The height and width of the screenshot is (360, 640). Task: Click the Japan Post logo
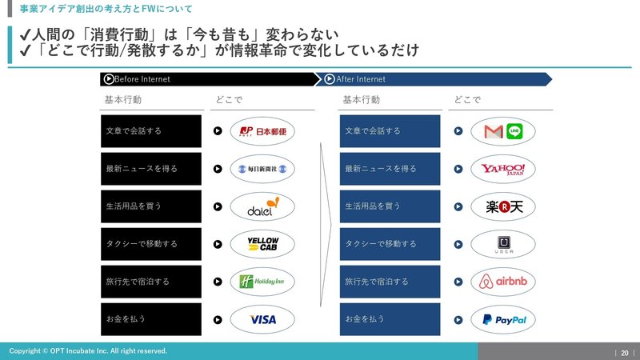pos(262,131)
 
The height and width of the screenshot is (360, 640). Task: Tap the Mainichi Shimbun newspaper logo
pos(262,169)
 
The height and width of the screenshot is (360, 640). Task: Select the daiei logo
pos(263,206)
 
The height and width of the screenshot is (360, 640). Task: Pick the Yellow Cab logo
pos(263,244)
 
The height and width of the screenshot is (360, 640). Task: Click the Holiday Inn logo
pos(262,282)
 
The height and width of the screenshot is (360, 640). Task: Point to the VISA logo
pos(263,319)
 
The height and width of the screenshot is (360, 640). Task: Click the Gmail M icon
pos(494,131)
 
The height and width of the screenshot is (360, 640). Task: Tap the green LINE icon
pos(514,131)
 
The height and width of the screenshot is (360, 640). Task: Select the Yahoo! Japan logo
pos(503,170)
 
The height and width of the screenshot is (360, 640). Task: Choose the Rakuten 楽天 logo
pos(504,207)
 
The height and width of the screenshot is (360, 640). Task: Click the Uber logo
pos(504,245)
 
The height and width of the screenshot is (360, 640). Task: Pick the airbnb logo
pos(503,282)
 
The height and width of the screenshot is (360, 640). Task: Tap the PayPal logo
pos(505,320)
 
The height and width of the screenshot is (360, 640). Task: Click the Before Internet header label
pos(142,79)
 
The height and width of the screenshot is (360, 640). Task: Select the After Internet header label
pos(361,79)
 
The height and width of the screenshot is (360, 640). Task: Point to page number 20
pos(625,353)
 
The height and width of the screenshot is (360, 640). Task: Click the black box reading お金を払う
pos(151,319)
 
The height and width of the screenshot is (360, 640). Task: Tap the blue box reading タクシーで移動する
pos(390,244)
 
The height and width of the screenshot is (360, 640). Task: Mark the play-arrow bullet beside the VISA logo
pos(218,320)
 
